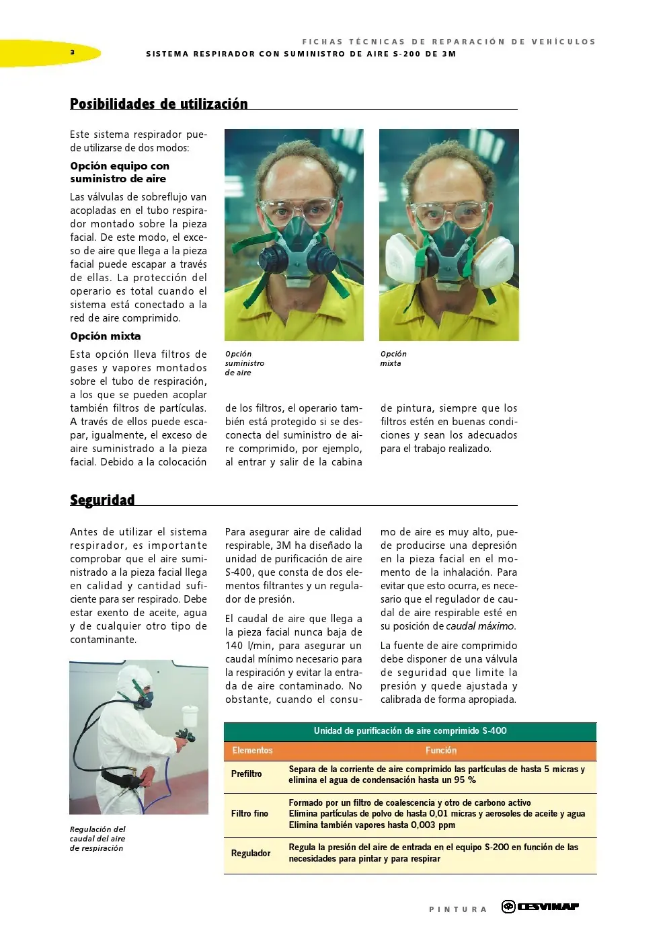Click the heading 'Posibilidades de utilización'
pos(159,104)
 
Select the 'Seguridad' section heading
pos(102,500)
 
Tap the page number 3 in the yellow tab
pos(73,52)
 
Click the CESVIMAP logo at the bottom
pos(541,907)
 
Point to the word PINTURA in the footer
pos(457,909)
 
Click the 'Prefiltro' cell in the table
pos(247,774)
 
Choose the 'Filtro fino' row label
pos(249,814)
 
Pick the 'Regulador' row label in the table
pos(251,854)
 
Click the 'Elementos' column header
pos(252,751)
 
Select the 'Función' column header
pos(441,751)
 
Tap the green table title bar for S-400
pos(410,731)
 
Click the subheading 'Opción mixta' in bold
pos(106,336)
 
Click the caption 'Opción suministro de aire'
pos(245,363)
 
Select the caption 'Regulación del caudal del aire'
pos(97,839)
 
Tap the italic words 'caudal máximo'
pos(479,626)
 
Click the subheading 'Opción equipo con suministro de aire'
pos(120,172)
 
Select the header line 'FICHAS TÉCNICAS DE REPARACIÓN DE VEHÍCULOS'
pos(448,42)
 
